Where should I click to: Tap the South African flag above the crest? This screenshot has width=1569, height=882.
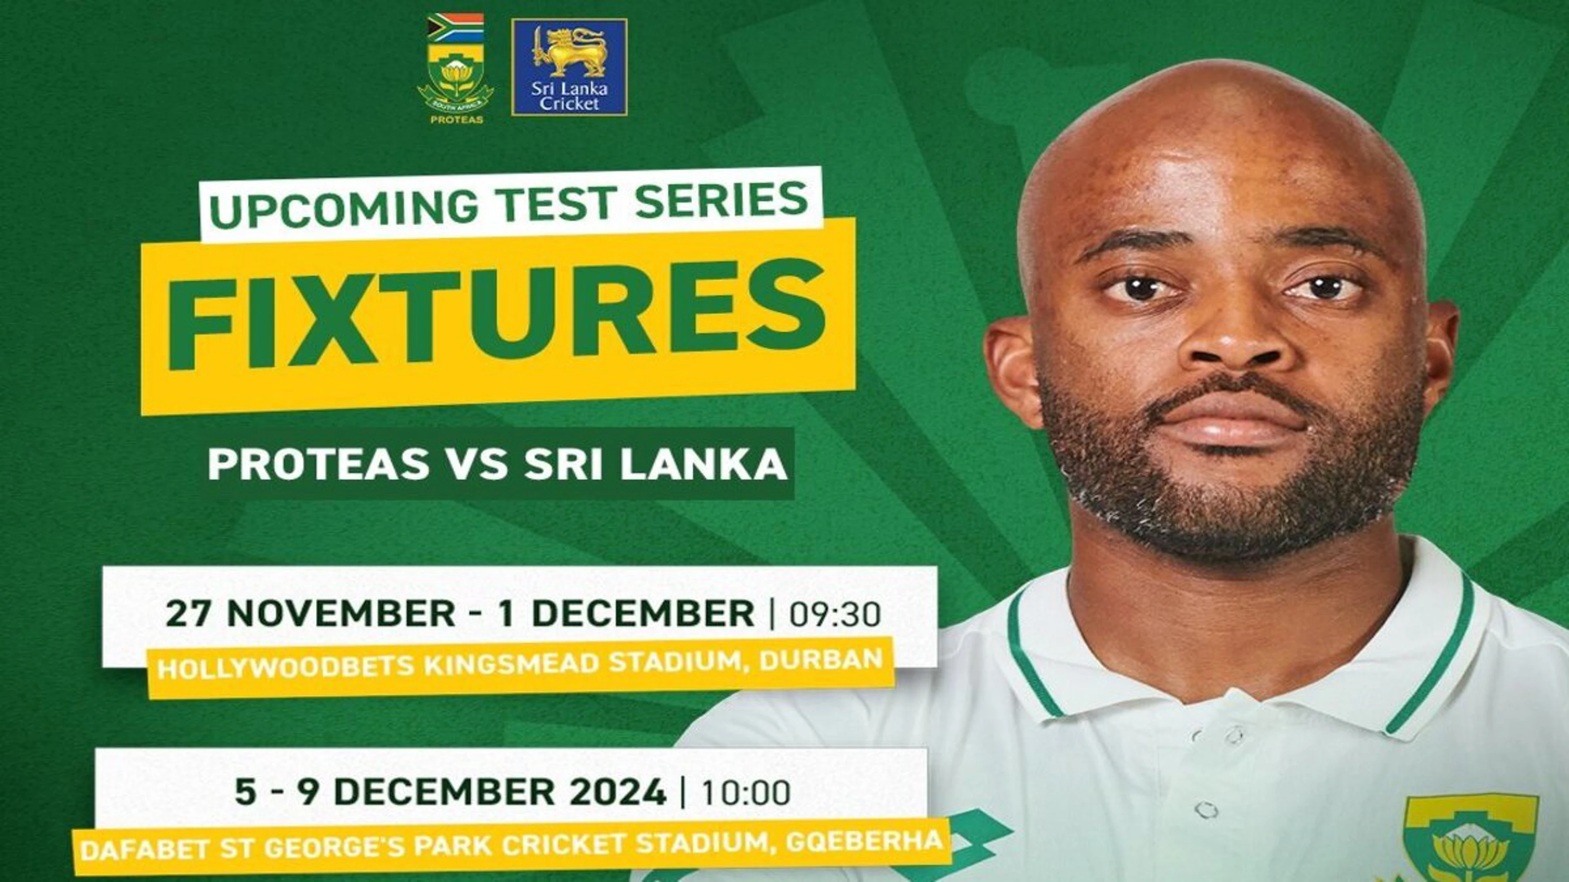pos(455,27)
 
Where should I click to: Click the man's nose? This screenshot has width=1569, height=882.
pos(1236,341)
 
